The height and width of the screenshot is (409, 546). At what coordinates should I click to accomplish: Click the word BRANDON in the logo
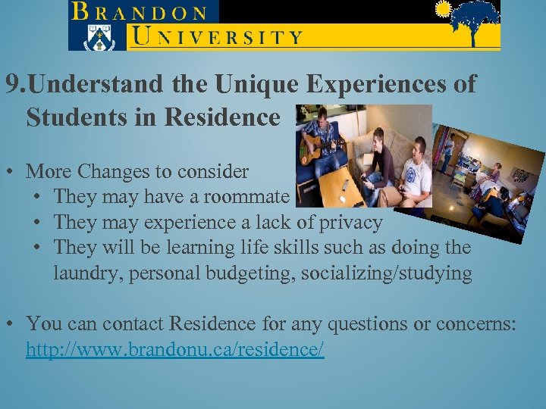pos(140,13)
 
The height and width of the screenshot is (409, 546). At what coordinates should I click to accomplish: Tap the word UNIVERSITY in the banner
pos(216,35)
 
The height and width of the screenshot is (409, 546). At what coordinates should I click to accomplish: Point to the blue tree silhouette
pos(475,20)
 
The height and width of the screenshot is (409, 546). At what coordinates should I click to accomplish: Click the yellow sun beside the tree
pos(443,9)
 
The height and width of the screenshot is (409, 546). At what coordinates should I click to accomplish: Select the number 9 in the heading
pos(11,85)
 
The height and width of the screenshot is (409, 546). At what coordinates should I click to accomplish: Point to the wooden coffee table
pos(341,186)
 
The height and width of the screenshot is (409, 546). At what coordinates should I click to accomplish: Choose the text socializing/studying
pos(387,273)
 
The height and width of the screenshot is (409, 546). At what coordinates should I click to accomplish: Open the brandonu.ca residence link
pos(175,350)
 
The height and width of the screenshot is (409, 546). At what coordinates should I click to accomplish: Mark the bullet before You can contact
pos(15,325)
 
